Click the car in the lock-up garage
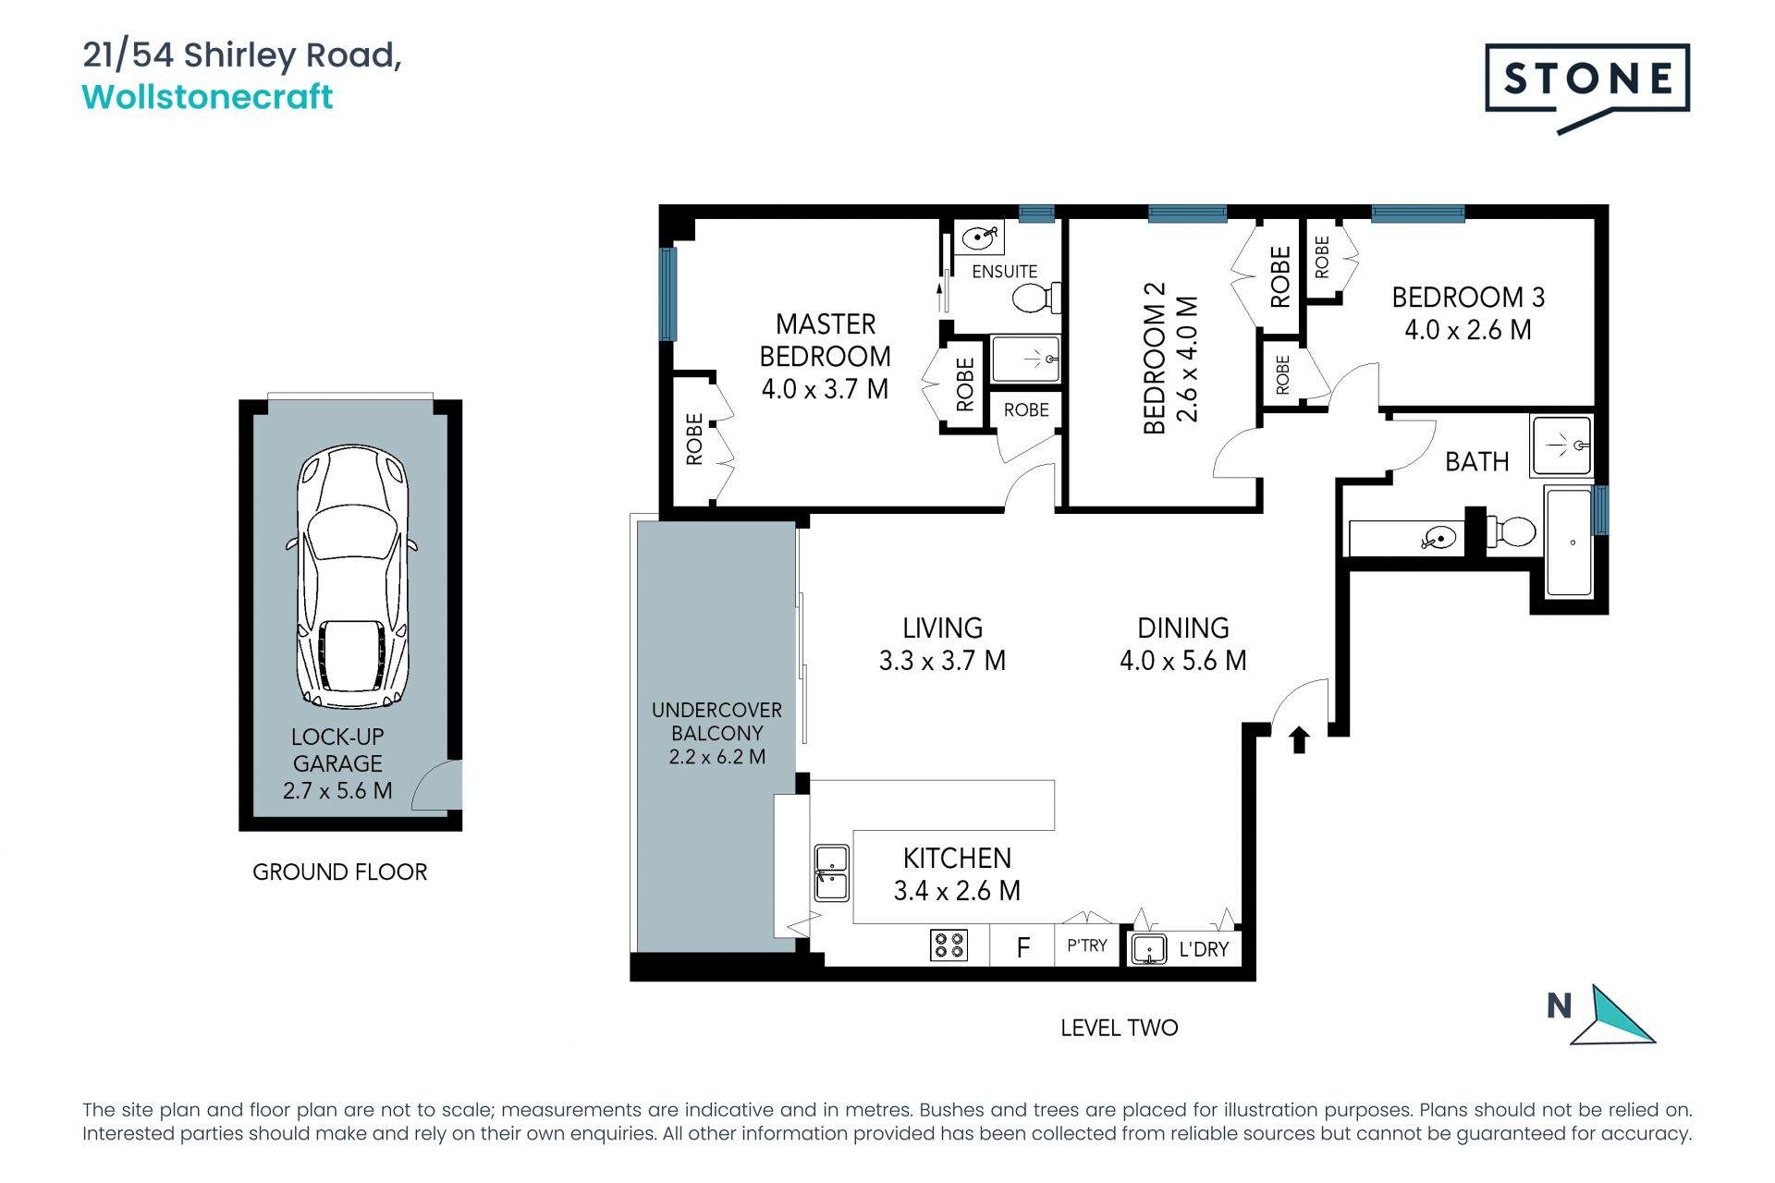(x=352, y=577)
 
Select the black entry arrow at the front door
(x=1299, y=739)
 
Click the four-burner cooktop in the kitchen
(x=949, y=945)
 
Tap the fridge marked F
(x=1022, y=947)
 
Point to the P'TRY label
(x=1087, y=945)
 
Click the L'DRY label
(x=1204, y=949)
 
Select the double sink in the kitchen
(x=831, y=872)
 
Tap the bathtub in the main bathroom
(x=1570, y=542)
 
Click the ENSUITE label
(x=1004, y=272)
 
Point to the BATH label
(x=1476, y=462)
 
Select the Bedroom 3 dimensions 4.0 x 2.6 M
(x=1467, y=330)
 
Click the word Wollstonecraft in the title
(x=207, y=97)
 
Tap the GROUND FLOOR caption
(x=339, y=872)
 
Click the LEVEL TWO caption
(x=1119, y=1028)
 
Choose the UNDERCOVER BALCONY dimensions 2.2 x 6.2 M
(x=716, y=757)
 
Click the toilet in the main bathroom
(x=1511, y=531)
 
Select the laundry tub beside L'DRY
(x=1149, y=949)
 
